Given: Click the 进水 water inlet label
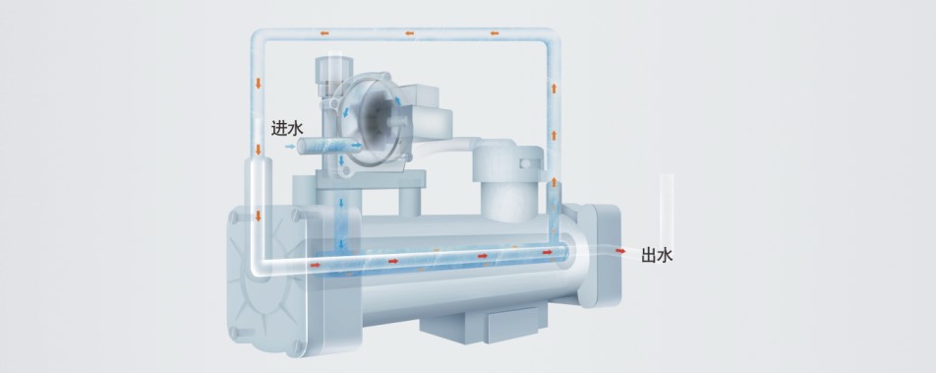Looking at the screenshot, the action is tap(288, 128).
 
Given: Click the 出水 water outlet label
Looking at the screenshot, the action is tap(657, 255).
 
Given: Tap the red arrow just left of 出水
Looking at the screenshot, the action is tap(620, 251).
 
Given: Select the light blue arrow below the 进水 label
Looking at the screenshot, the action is tap(290, 147).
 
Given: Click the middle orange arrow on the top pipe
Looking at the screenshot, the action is tap(409, 33).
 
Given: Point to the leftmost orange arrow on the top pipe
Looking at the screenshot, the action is tap(324, 33).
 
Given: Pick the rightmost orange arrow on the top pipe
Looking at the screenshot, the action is tap(495, 33).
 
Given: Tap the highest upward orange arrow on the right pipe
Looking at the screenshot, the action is tap(554, 89).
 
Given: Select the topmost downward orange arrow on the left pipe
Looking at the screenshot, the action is tap(259, 83).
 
